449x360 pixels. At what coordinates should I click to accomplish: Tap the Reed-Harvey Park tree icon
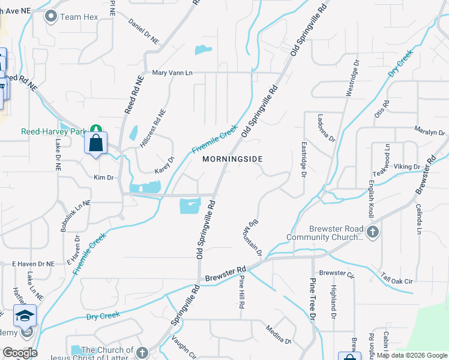(x=95, y=129)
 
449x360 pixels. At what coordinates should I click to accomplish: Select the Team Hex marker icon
(x=51, y=17)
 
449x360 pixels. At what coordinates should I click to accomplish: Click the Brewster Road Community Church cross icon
(x=373, y=232)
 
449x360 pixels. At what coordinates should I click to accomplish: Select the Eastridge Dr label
(x=303, y=160)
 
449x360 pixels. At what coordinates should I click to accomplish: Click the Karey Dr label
(x=164, y=166)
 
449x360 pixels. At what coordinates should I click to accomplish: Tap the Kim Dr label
(x=103, y=178)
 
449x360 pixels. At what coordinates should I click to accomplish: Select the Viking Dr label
(x=407, y=166)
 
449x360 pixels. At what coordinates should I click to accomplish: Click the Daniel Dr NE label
(x=144, y=31)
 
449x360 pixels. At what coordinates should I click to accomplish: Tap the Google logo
(x=19, y=352)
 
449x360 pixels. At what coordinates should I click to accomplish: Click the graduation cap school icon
(x=25, y=314)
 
